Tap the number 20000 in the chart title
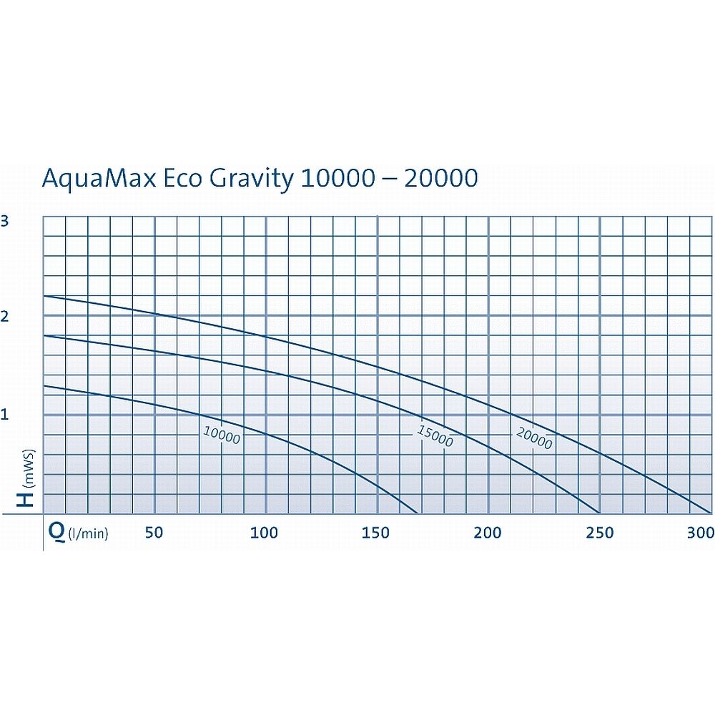click(440, 178)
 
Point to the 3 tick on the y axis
click(5, 221)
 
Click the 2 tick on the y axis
click(5, 316)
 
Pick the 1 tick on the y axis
click(5, 414)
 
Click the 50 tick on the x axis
click(154, 533)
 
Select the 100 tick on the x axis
click(265, 533)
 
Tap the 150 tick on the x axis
click(376, 533)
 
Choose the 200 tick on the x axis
click(488, 533)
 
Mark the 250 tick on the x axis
click(599, 533)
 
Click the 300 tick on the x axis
click(701, 533)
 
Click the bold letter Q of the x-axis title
click(55, 532)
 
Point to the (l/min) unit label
click(87, 533)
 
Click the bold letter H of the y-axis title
click(26, 496)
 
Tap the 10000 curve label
click(222, 435)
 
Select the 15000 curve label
click(435, 435)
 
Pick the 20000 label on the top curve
click(533, 438)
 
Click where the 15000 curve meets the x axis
click(599, 513)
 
